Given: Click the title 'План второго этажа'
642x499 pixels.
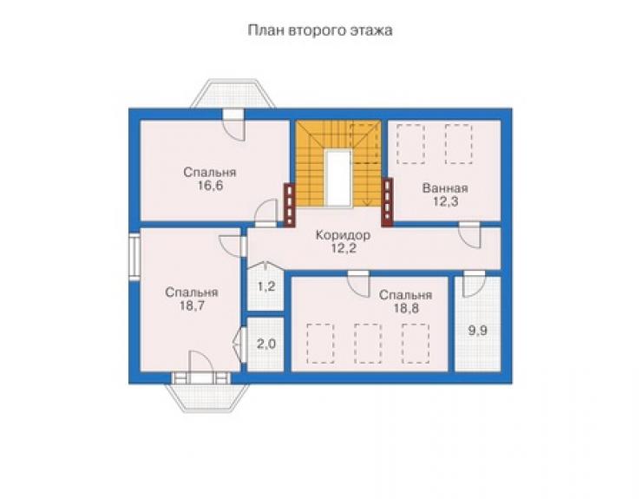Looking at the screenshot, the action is tap(320, 30).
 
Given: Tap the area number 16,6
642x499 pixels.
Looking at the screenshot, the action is tap(210, 186).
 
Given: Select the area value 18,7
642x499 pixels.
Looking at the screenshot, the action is tap(192, 305).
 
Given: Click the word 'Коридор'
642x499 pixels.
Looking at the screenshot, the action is tap(343, 235).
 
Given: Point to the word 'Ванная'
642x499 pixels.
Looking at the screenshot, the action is tap(445, 188).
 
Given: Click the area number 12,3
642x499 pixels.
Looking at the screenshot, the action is tap(445, 201).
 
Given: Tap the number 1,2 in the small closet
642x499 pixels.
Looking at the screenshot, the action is tap(266, 286).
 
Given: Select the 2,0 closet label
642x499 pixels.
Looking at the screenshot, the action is tap(266, 345).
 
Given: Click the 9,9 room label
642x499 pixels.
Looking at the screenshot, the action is tap(477, 331).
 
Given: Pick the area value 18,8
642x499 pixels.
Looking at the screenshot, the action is tap(406, 308).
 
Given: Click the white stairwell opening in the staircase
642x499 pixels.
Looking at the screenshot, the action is tap(338, 178).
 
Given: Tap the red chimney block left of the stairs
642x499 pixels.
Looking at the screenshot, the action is tap(290, 205).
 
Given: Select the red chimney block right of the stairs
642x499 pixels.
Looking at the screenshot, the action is tap(387, 202).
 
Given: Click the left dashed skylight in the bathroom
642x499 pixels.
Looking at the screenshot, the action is tap(410, 144).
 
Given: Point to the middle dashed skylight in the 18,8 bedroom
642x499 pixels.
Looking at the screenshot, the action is tap(368, 344).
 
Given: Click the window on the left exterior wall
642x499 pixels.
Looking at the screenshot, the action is tap(134, 257).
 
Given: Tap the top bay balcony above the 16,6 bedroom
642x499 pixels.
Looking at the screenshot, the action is tap(233, 94).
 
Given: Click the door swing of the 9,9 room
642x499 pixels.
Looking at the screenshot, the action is tap(475, 285).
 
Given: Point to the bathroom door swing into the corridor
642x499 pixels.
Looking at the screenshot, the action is tap(469, 235).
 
